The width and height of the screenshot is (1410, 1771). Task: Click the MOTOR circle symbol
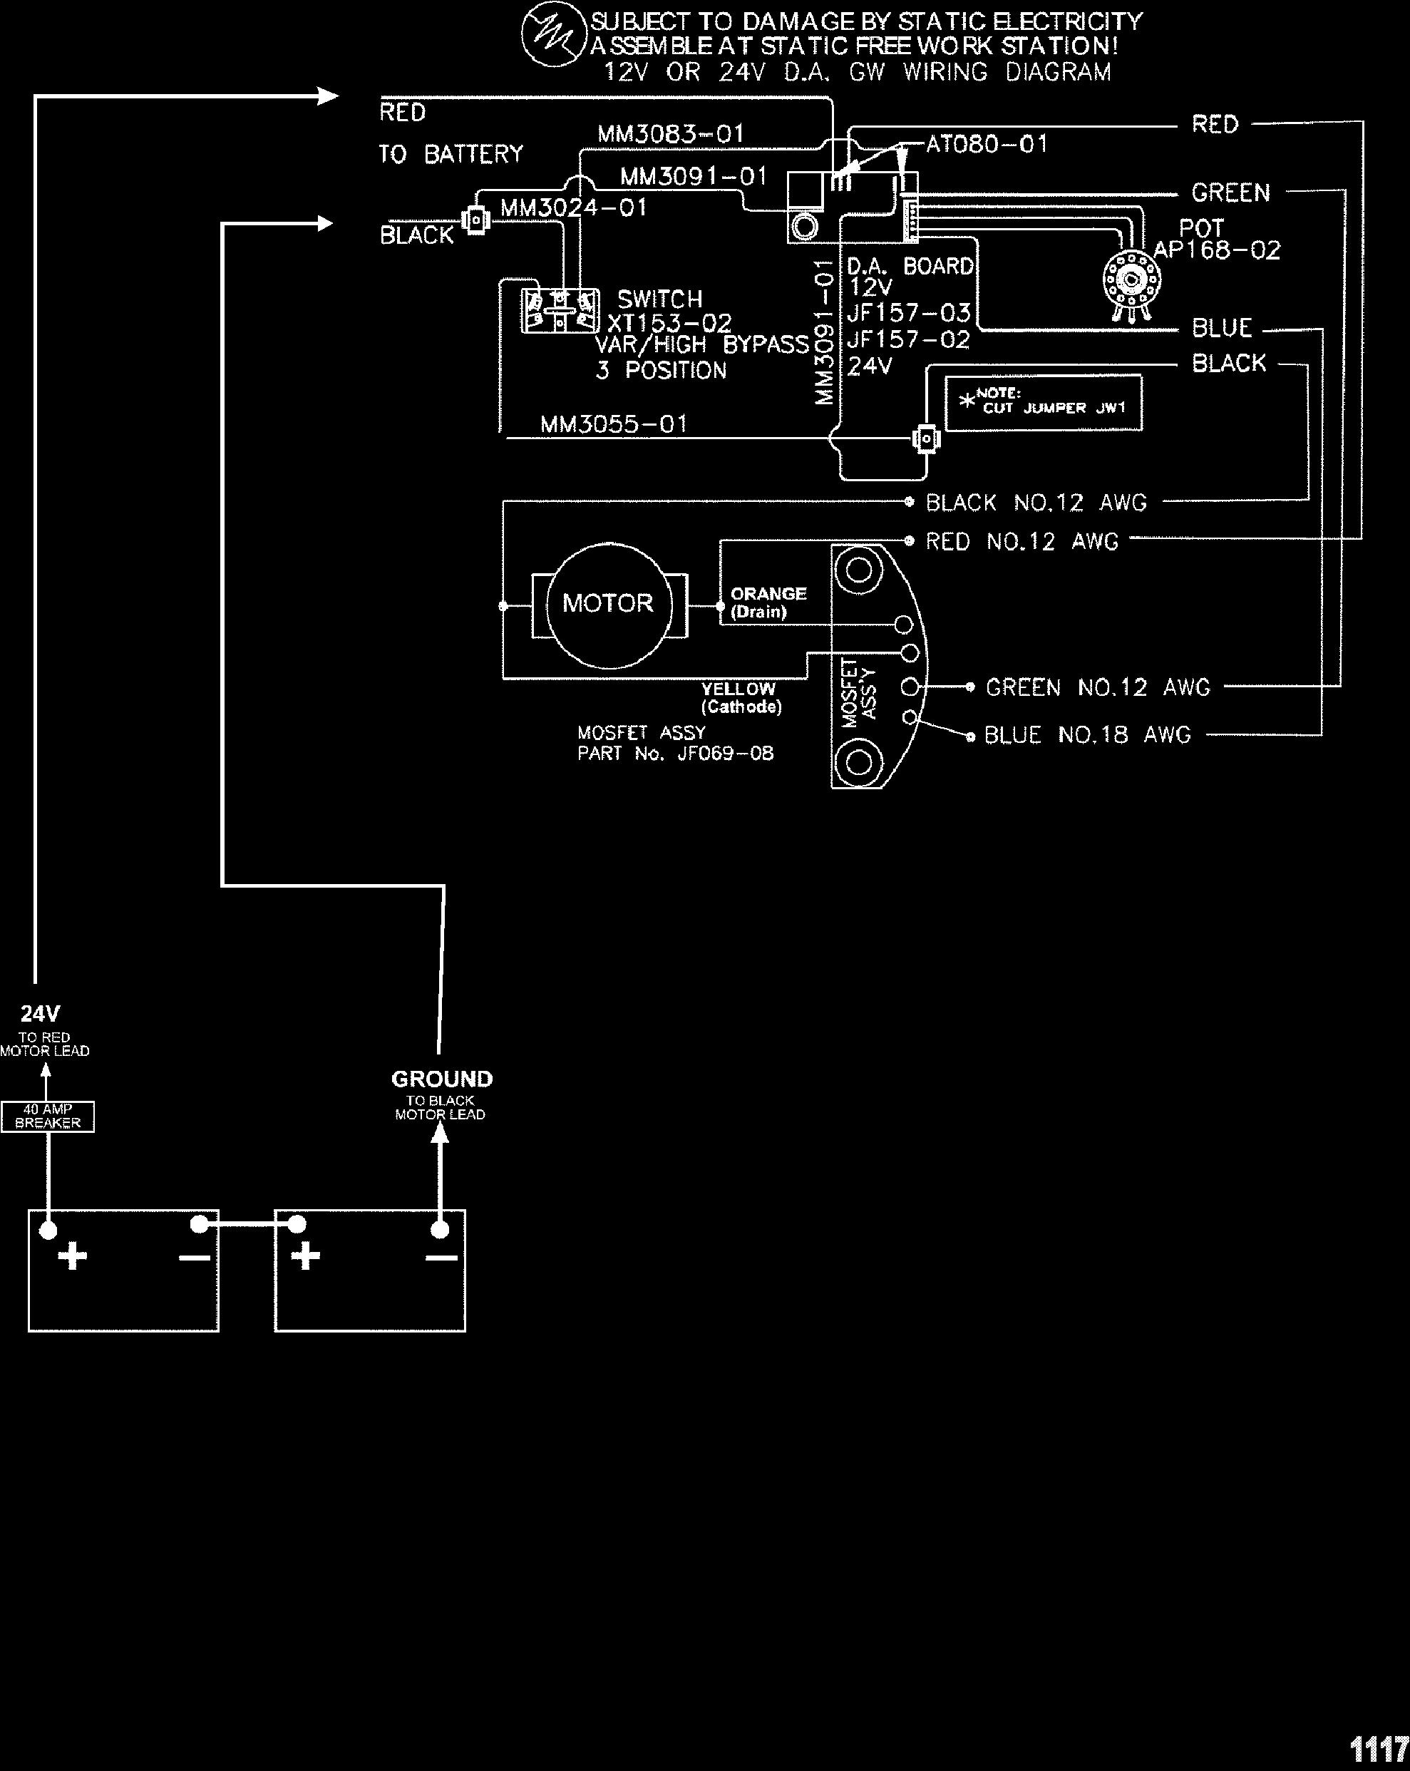pos(609,604)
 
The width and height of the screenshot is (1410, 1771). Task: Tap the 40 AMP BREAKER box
pos(48,1116)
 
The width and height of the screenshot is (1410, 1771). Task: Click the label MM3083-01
pos(670,134)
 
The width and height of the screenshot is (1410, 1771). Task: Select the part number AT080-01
pos(987,145)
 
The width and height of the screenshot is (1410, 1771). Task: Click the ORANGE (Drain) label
pos(768,602)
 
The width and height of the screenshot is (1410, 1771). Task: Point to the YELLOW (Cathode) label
pos(739,697)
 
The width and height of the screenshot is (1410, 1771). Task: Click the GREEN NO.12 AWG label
pos(1098,687)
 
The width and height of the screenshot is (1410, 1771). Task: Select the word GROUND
pos(442,1079)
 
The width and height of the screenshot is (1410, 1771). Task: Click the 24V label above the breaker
pos(40,1014)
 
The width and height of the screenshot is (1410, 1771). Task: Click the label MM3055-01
pos(614,425)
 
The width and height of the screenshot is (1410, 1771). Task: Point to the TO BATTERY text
pos(450,155)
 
